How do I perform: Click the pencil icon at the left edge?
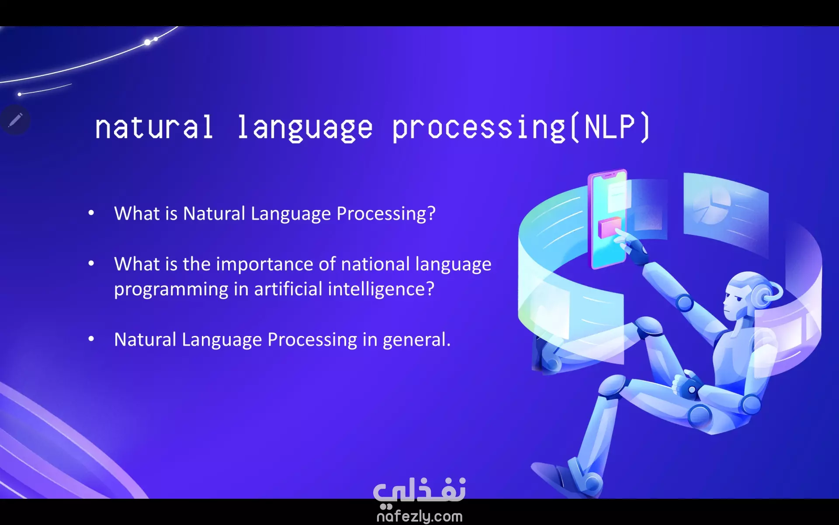[15, 119]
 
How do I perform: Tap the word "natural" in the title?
[154, 128]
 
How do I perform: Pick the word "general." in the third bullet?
[416, 339]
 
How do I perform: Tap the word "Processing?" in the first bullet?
[386, 213]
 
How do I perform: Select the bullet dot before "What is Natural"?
[91, 213]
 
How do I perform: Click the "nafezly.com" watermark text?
[419, 516]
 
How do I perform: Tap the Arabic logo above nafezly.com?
[419, 490]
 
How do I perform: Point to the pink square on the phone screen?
[609, 227]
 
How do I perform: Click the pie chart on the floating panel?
[711, 205]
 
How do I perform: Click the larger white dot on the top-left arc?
[148, 42]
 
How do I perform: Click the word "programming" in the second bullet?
[171, 290]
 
